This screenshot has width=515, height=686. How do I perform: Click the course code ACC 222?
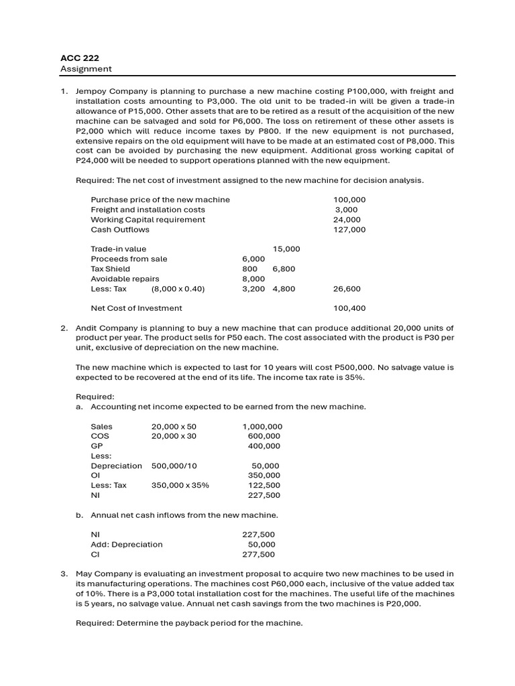pyautogui.click(x=76, y=58)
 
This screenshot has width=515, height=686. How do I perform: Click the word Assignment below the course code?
pyautogui.click(x=86, y=69)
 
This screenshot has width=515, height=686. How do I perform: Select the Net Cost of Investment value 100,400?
pyautogui.click(x=349, y=308)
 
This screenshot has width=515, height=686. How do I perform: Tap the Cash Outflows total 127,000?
pyautogui.click(x=349, y=229)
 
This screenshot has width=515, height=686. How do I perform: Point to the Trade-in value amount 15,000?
pyautogui.click(x=286, y=249)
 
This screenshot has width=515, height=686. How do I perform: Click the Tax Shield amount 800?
pyautogui.click(x=249, y=269)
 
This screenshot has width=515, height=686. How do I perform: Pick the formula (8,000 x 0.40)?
pyautogui.click(x=178, y=289)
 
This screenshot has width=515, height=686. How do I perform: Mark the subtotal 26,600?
pyautogui.click(x=347, y=289)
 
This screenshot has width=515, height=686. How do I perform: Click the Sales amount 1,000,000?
pyautogui.click(x=262, y=426)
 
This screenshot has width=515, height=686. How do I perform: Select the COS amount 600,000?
pyautogui.click(x=264, y=436)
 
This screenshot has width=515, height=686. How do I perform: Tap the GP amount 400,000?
pyautogui.click(x=264, y=446)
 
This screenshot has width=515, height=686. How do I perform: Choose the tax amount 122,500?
pyautogui.click(x=264, y=486)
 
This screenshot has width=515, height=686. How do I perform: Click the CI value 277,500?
pyautogui.click(x=258, y=555)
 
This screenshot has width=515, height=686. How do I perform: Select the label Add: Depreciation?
pyautogui.click(x=127, y=545)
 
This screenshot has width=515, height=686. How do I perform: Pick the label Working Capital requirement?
pyautogui.click(x=148, y=219)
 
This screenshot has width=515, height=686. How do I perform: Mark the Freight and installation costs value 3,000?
pyautogui.click(x=347, y=210)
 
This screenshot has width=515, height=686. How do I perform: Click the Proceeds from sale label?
pyautogui.click(x=129, y=259)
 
